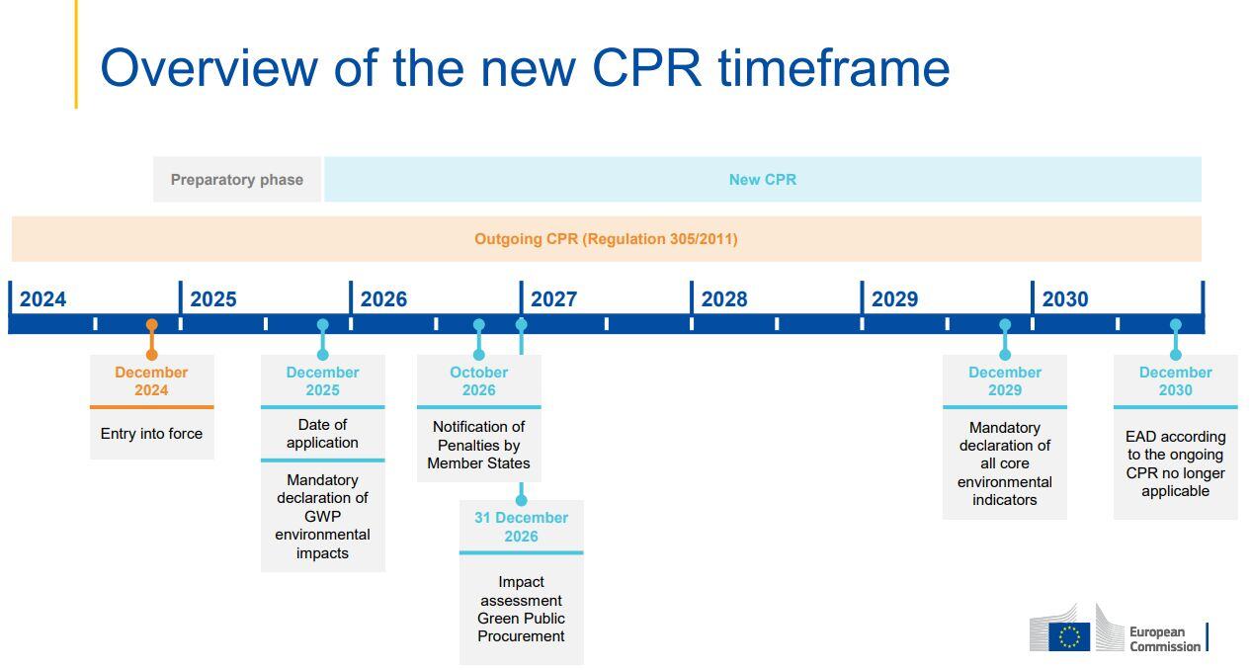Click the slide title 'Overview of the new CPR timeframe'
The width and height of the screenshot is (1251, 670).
[525, 68]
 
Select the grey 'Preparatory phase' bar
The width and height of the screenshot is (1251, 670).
[237, 180]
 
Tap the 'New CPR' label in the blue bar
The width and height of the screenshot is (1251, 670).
[762, 180]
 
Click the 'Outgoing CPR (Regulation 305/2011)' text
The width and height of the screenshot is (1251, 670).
[606, 239]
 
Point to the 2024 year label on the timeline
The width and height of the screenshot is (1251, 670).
[43, 299]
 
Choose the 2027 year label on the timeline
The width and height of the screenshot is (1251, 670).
[553, 299]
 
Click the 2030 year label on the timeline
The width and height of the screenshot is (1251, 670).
[1064, 299]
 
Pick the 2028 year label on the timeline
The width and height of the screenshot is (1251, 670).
[724, 299]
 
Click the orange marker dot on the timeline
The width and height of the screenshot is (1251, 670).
[151, 325]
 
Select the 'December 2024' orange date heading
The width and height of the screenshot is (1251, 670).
[151, 381]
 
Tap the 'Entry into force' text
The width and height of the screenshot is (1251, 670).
[151, 434]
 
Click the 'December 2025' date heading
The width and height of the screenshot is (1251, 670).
[322, 381]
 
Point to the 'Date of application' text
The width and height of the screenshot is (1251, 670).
[322, 434]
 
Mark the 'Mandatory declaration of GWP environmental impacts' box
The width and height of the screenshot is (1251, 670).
[322, 516]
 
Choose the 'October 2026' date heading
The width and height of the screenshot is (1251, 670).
[478, 381]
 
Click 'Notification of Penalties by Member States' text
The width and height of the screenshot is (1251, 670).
[478, 445]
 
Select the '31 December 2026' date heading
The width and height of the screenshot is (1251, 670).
[521, 527]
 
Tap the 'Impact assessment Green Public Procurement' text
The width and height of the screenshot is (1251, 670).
[521, 609]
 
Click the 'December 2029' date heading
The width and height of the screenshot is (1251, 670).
[1005, 381]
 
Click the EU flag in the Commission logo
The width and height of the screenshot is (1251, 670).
[1068, 636]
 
